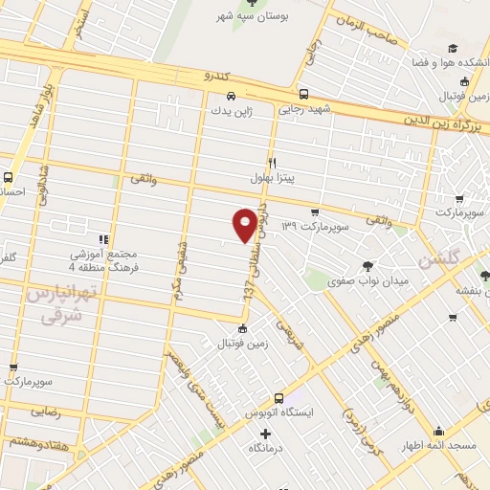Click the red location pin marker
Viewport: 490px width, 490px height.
point(245,223)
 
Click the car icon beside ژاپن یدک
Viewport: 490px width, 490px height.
point(232,96)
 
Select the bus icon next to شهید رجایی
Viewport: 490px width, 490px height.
point(303,95)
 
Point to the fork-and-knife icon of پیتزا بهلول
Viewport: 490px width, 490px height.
point(272,163)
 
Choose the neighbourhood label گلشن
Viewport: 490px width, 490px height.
point(466,256)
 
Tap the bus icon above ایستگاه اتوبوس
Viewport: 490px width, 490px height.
point(278,398)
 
